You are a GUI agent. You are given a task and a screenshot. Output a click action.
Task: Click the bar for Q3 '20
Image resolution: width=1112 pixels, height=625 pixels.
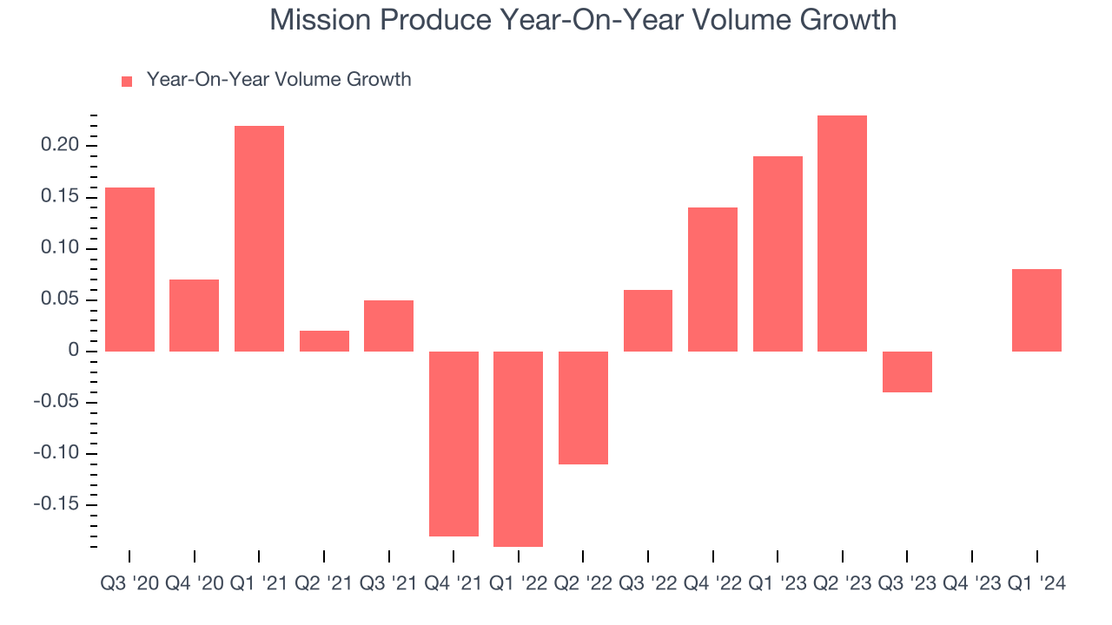point(129,269)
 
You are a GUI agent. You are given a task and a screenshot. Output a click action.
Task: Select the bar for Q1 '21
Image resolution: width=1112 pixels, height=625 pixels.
point(259,239)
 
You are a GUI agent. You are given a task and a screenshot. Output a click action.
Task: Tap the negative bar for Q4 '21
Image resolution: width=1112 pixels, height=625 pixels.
point(453,444)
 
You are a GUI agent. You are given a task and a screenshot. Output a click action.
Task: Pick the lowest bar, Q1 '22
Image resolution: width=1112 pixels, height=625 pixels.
point(518,449)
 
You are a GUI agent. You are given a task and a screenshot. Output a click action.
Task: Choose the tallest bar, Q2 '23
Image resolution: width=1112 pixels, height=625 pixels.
point(842,234)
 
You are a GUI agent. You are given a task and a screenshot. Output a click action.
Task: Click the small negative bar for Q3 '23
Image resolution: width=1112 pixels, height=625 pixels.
point(907,372)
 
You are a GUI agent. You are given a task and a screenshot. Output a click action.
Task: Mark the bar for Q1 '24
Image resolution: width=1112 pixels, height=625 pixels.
point(1036,310)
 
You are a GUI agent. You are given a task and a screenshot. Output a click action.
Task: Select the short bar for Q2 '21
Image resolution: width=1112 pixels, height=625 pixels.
point(324,341)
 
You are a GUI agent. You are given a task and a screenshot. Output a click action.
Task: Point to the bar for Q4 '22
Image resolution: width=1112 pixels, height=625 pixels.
point(712,280)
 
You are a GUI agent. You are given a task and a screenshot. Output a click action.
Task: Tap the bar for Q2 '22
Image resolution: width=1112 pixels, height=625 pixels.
point(583,408)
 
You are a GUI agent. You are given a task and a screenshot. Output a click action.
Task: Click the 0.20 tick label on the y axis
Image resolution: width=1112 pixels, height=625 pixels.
point(60,145)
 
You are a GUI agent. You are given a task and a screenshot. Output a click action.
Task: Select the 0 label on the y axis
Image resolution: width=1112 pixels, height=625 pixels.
point(73,351)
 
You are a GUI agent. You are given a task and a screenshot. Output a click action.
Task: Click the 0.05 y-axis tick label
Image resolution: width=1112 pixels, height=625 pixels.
point(60,299)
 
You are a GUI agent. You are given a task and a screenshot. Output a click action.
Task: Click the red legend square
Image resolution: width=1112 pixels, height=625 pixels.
point(127,82)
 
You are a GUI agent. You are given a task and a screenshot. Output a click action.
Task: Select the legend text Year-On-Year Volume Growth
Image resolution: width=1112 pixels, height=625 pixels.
point(279,80)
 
